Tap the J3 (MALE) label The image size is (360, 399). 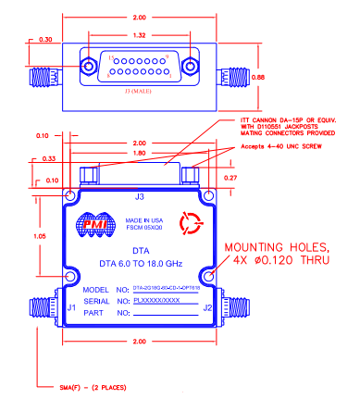(138, 94)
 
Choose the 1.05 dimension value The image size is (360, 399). (36, 236)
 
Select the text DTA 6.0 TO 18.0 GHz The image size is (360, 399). (138, 264)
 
